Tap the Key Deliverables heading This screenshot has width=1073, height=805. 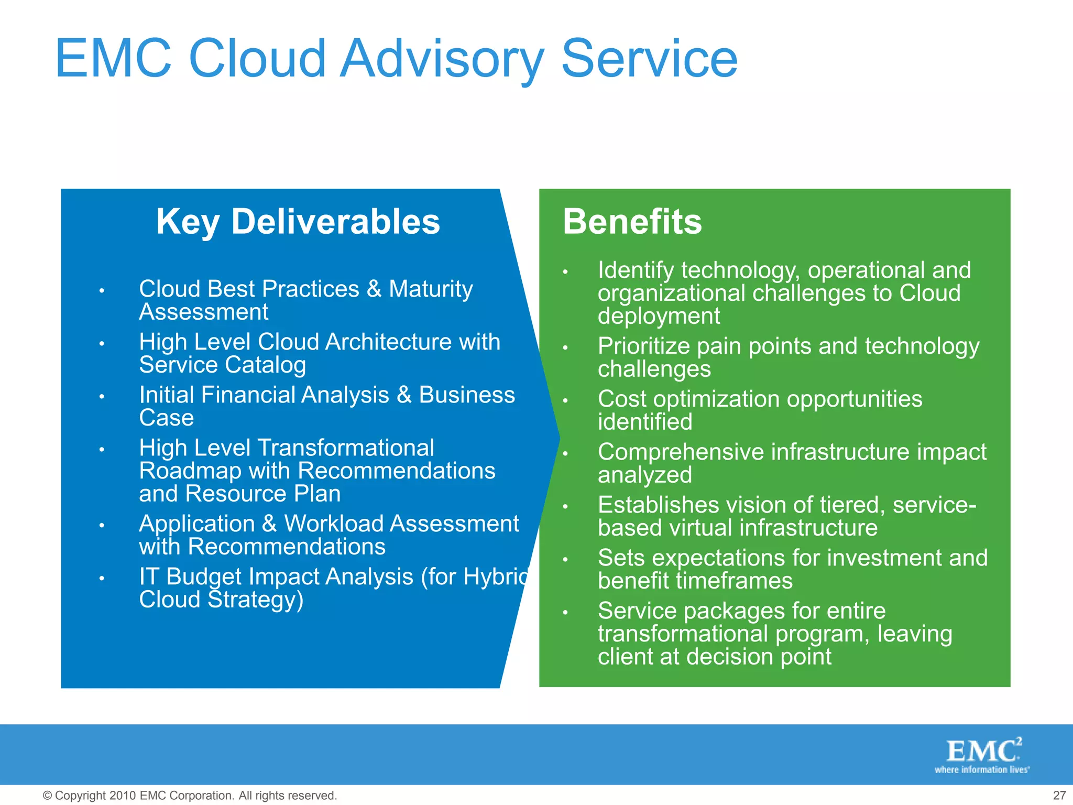298,222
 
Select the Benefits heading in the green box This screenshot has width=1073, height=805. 632,222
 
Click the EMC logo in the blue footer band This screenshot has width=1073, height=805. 983,751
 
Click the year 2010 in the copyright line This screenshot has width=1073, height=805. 123,796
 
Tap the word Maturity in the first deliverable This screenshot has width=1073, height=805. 431,289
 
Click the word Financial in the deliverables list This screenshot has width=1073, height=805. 295,395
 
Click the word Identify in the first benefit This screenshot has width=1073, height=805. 636,270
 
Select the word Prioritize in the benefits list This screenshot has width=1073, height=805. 643,346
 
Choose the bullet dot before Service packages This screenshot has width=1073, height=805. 565,613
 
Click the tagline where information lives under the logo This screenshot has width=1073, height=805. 982,770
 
